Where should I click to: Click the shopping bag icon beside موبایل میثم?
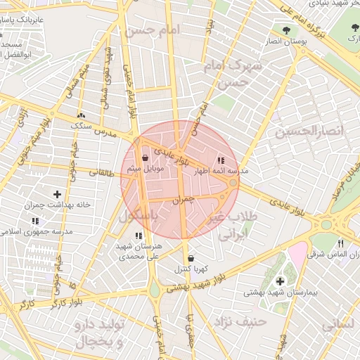point(145,158)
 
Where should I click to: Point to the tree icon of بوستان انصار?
point(286,30)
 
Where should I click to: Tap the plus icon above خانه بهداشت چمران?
point(57,194)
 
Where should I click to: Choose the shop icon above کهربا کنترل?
point(191,258)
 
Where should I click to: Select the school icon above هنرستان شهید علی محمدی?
point(138,235)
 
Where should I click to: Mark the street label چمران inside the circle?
point(181,200)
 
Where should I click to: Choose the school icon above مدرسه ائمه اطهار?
point(221,160)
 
